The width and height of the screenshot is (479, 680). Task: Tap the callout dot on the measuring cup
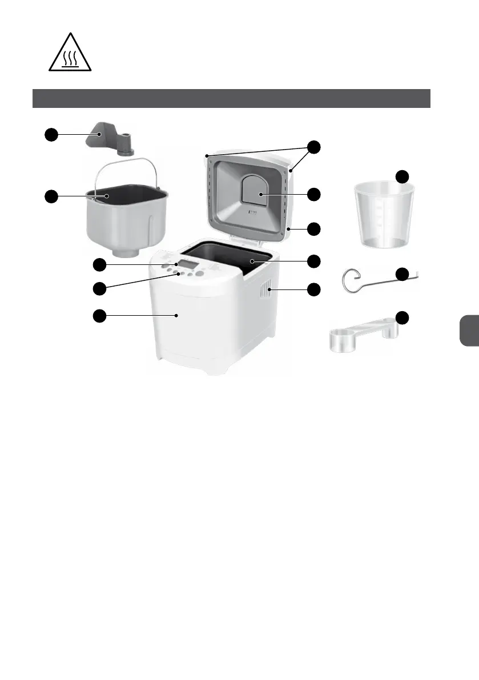pos(403,176)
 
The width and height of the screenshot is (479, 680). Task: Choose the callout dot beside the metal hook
pos(403,274)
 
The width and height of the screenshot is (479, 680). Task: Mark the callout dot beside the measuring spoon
pos(403,317)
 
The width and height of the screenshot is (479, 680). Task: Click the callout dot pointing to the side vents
pos(313,289)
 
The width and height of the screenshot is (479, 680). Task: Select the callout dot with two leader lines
pos(313,146)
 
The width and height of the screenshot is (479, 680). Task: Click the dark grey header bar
pos(231,98)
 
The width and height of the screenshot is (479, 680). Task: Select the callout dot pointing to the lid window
pos(313,194)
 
